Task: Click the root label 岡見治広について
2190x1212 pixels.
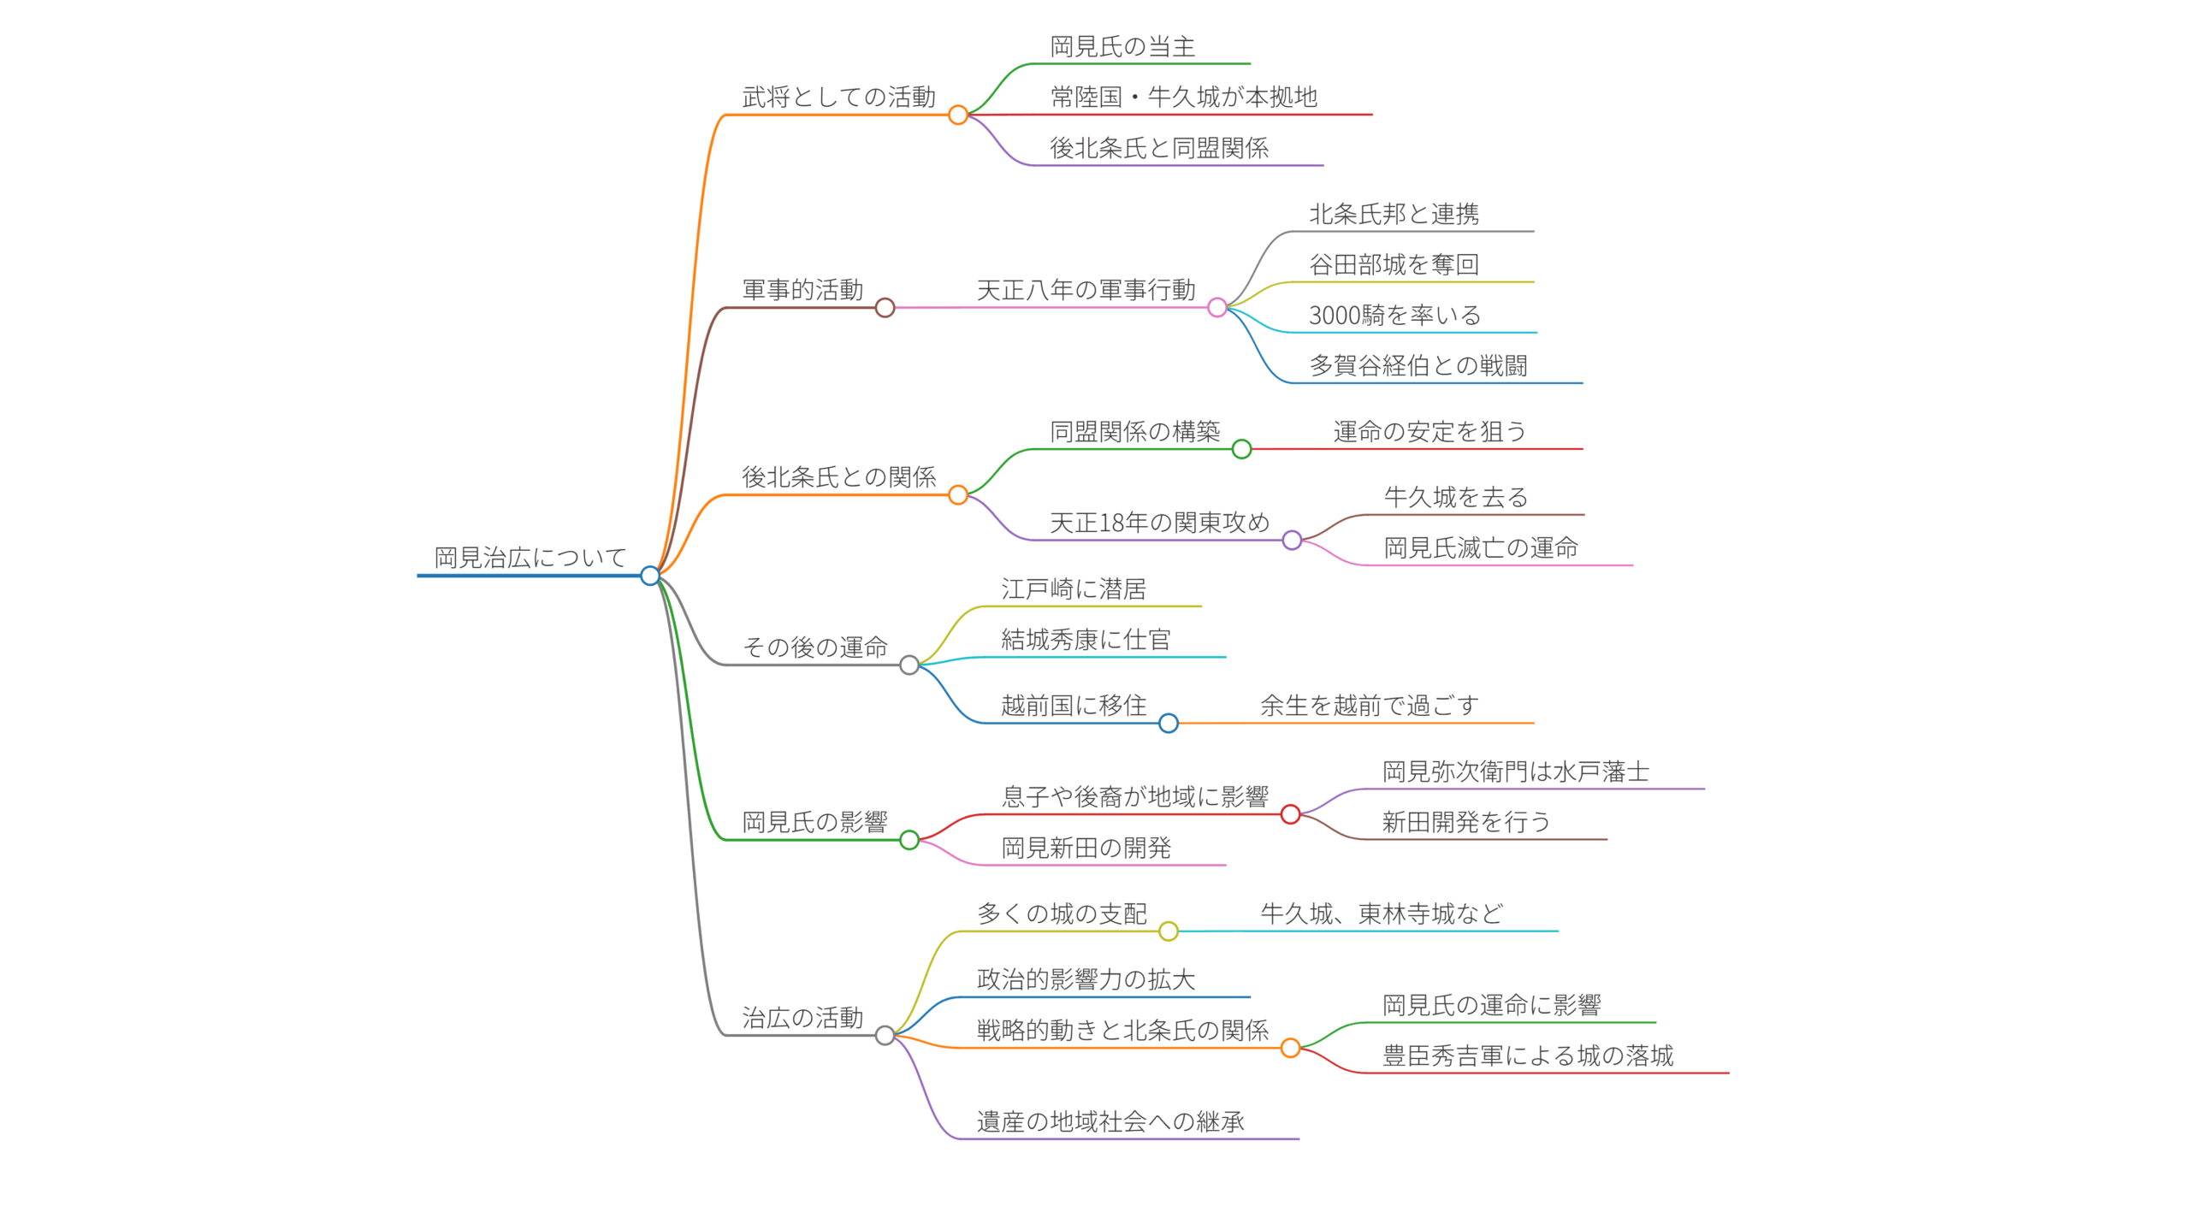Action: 530,558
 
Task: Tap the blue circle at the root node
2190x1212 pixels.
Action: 650,576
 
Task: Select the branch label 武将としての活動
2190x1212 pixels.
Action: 838,98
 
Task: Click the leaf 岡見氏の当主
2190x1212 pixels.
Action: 1122,47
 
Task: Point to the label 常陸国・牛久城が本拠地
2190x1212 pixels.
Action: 1184,98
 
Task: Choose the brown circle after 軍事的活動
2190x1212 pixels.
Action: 885,308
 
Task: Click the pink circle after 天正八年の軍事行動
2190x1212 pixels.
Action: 1217,308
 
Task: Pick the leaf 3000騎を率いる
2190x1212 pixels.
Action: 1394,316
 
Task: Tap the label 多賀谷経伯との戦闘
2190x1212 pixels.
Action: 1418,366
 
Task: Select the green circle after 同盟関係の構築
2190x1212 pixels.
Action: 1241,449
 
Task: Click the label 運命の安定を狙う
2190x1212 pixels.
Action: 1429,432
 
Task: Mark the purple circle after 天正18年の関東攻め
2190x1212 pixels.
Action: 1292,540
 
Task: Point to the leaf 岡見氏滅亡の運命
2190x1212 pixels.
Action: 1481,548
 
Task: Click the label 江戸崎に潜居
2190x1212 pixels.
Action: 1074,589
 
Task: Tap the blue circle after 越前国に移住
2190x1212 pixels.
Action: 1169,724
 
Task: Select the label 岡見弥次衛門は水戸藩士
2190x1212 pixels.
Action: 1516,772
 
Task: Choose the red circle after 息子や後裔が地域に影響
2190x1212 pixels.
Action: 1290,814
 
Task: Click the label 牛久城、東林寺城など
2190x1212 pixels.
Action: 1382,914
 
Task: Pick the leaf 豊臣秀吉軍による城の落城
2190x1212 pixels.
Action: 1528,1056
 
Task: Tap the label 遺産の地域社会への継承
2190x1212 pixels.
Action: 1110,1122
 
